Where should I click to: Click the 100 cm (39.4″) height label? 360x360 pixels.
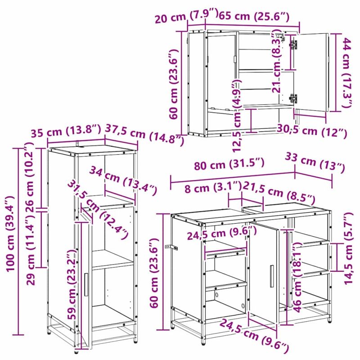[x=11, y=234]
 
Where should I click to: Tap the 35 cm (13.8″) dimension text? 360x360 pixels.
[x=66, y=131]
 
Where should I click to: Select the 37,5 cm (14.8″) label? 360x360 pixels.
[x=144, y=135]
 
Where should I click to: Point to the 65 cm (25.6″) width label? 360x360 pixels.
[x=254, y=16]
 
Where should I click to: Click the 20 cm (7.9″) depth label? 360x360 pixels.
[x=186, y=16]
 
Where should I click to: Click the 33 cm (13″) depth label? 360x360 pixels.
[x=315, y=162]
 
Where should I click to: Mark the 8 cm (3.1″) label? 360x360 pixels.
[x=213, y=188]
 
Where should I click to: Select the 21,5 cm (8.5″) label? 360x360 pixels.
[x=279, y=193]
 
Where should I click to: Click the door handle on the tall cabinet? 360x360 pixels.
[x=86, y=284]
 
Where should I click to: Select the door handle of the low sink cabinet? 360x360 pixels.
[x=272, y=276]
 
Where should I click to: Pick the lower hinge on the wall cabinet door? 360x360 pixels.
[x=293, y=98]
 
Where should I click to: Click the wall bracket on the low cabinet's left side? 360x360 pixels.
[x=171, y=247]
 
